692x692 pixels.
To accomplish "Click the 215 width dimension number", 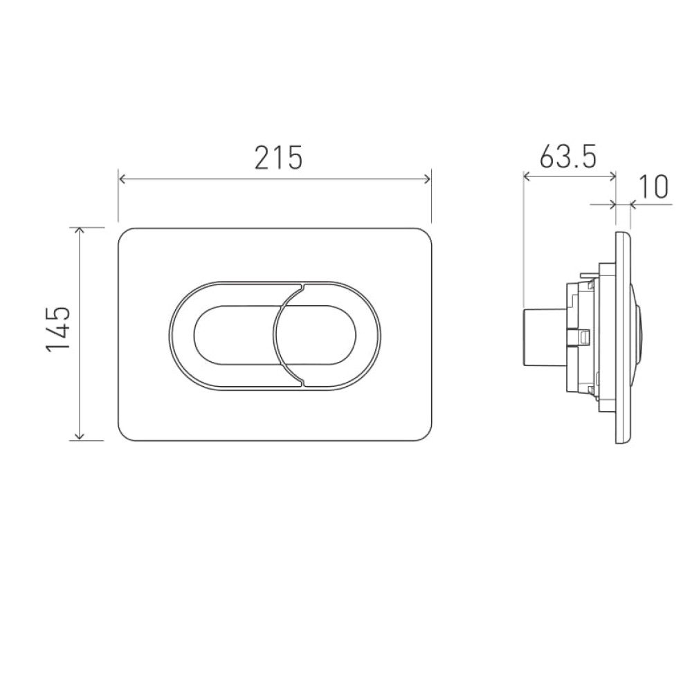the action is coord(278,158).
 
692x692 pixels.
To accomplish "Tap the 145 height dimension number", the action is coord(58,329).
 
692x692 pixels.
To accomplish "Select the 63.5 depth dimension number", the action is coord(568,155).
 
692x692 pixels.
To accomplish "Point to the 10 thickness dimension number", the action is coord(653,187).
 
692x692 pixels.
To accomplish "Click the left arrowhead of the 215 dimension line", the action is coord(123,179).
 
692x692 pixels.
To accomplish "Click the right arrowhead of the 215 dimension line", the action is coord(426,179).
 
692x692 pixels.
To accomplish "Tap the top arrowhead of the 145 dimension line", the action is coord(79,231).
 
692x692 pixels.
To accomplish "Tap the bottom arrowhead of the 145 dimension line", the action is coord(79,435).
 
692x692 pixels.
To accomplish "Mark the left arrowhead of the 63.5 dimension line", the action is coord(527,177).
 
